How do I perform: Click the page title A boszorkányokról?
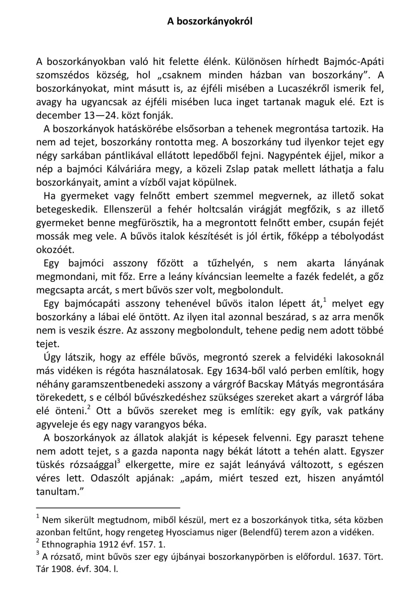tap(210, 21)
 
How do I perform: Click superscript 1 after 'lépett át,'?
tap(325, 300)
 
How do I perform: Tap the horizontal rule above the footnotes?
tap(108, 507)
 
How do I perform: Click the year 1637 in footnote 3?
tap(348, 557)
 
